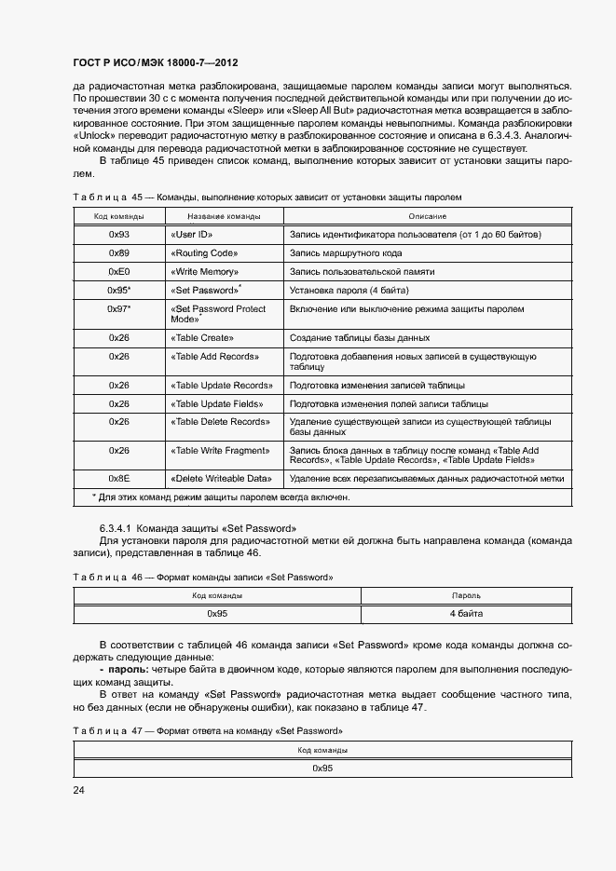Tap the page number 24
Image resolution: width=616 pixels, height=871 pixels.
(79, 791)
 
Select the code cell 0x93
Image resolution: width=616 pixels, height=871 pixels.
(119, 234)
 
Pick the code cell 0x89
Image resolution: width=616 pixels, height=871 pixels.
(119, 253)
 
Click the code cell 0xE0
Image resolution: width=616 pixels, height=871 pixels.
(119, 272)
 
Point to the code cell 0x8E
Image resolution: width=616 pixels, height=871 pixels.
(119, 478)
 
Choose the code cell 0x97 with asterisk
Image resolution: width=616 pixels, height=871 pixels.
(119, 308)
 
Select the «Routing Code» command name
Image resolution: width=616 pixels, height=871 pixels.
(204, 253)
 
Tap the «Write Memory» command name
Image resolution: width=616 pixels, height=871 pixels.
(205, 272)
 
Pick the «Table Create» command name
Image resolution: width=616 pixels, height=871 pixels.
(201, 337)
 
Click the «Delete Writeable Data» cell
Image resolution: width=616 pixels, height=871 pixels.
(221, 478)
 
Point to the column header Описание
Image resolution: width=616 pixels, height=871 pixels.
(427, 216)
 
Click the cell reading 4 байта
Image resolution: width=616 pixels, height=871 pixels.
(465, 614)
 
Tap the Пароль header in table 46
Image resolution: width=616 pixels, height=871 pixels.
(465, 594)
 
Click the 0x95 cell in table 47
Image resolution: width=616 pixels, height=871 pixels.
(322, 768)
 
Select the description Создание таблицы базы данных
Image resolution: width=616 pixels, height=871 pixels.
(360, 337)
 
